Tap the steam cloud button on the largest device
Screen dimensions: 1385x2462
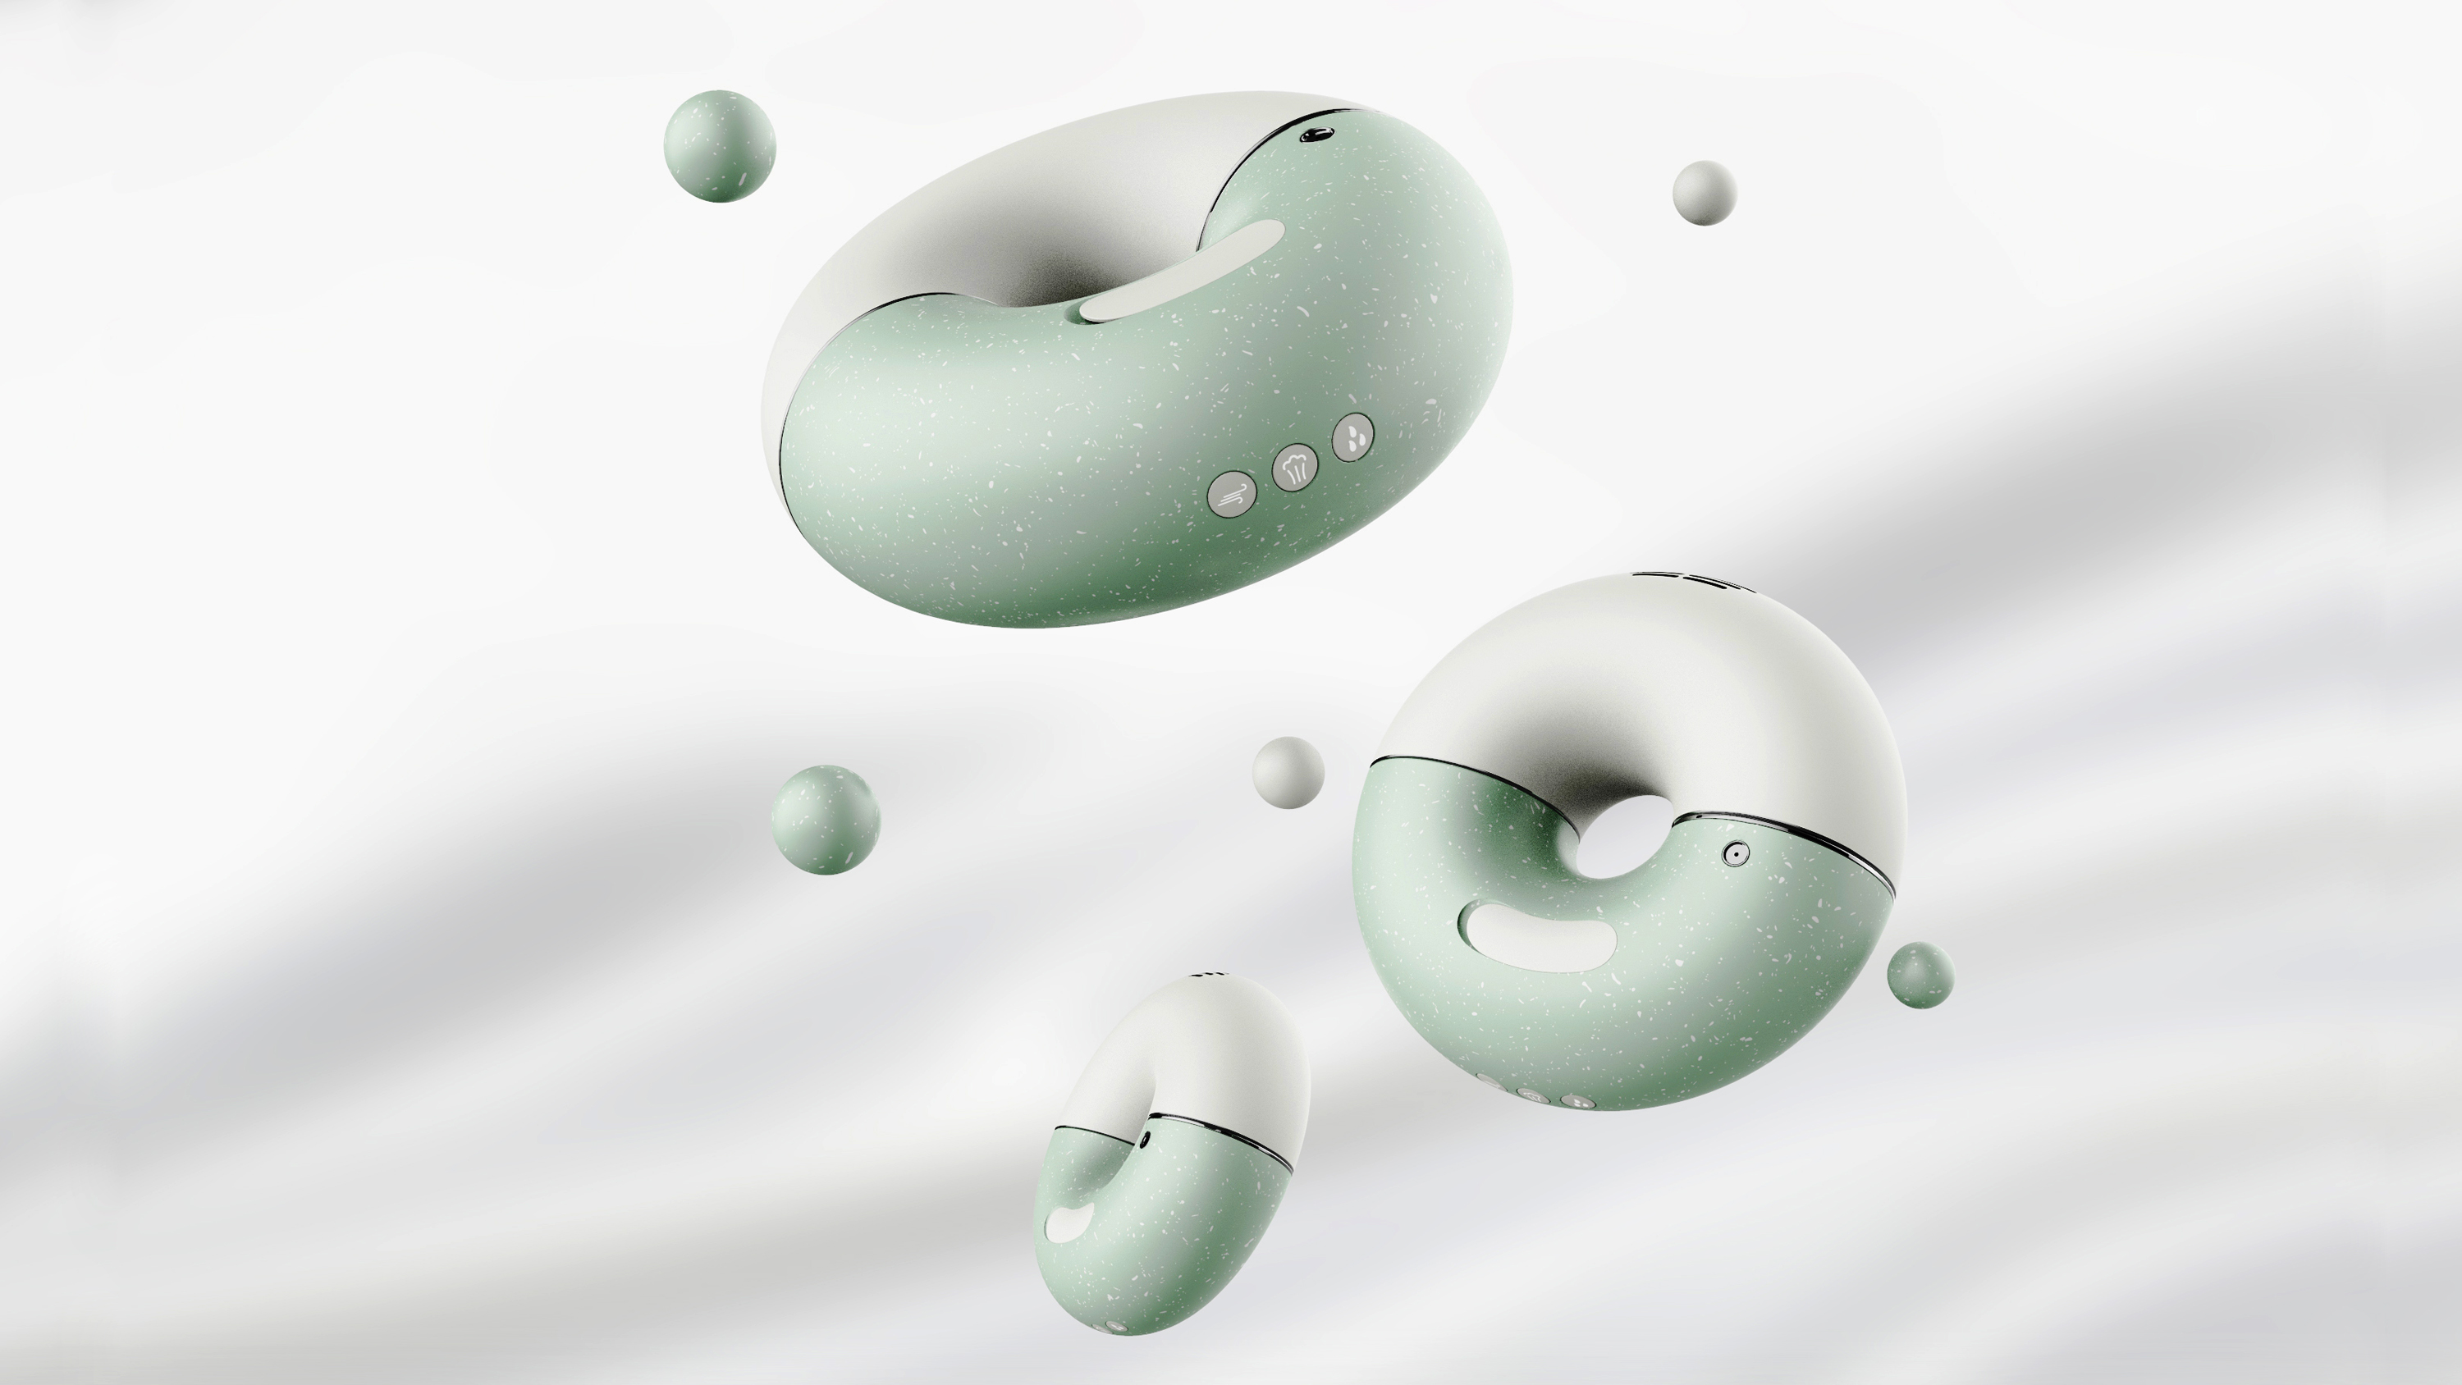pyautogui.click(x=1295, y=469)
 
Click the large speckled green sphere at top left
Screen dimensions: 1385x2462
pyautogui.click(x=719, y=146)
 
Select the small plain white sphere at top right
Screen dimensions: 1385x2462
pyautogui.click(x=1704, y=193)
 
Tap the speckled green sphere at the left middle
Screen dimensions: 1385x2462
pyautogui.click(x=825, y=819)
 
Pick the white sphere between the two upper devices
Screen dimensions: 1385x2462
pyautogui.click(x=1288, y=772)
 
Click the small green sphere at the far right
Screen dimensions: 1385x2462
pyautogui.click(x=1920, y=975)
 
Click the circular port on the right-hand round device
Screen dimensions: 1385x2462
pyautogui.click(x=1735, y=853)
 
